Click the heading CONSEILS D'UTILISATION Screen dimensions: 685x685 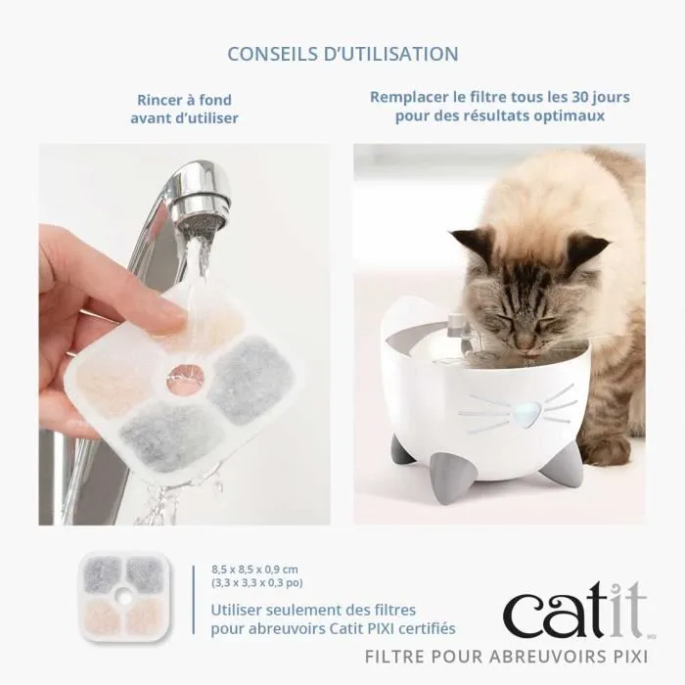[x=342, y=52]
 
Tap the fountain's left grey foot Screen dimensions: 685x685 [x=403, y=453]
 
